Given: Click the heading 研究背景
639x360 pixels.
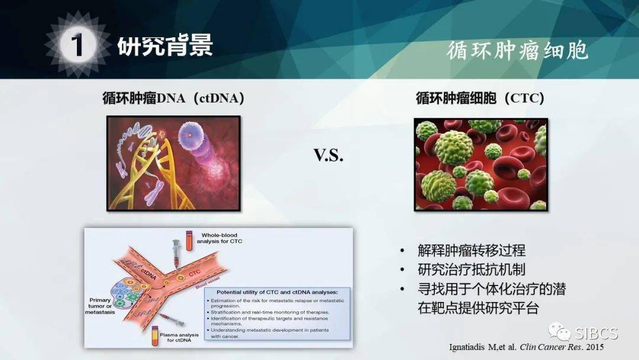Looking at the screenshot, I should click(x=165, y=46).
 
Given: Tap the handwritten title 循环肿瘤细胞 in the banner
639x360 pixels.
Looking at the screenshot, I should click(x=517, y=50).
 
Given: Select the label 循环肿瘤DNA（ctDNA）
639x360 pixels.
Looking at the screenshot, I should click(x=173, y=98).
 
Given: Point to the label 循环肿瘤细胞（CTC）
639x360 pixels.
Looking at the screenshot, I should click(x=480, y=98).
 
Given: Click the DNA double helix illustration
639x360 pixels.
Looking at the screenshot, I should click(x=173, y=163).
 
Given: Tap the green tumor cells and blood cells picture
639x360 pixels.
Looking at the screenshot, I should click(x=480, y=164).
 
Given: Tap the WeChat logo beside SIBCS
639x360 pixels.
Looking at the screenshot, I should click(x=559, y=332).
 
